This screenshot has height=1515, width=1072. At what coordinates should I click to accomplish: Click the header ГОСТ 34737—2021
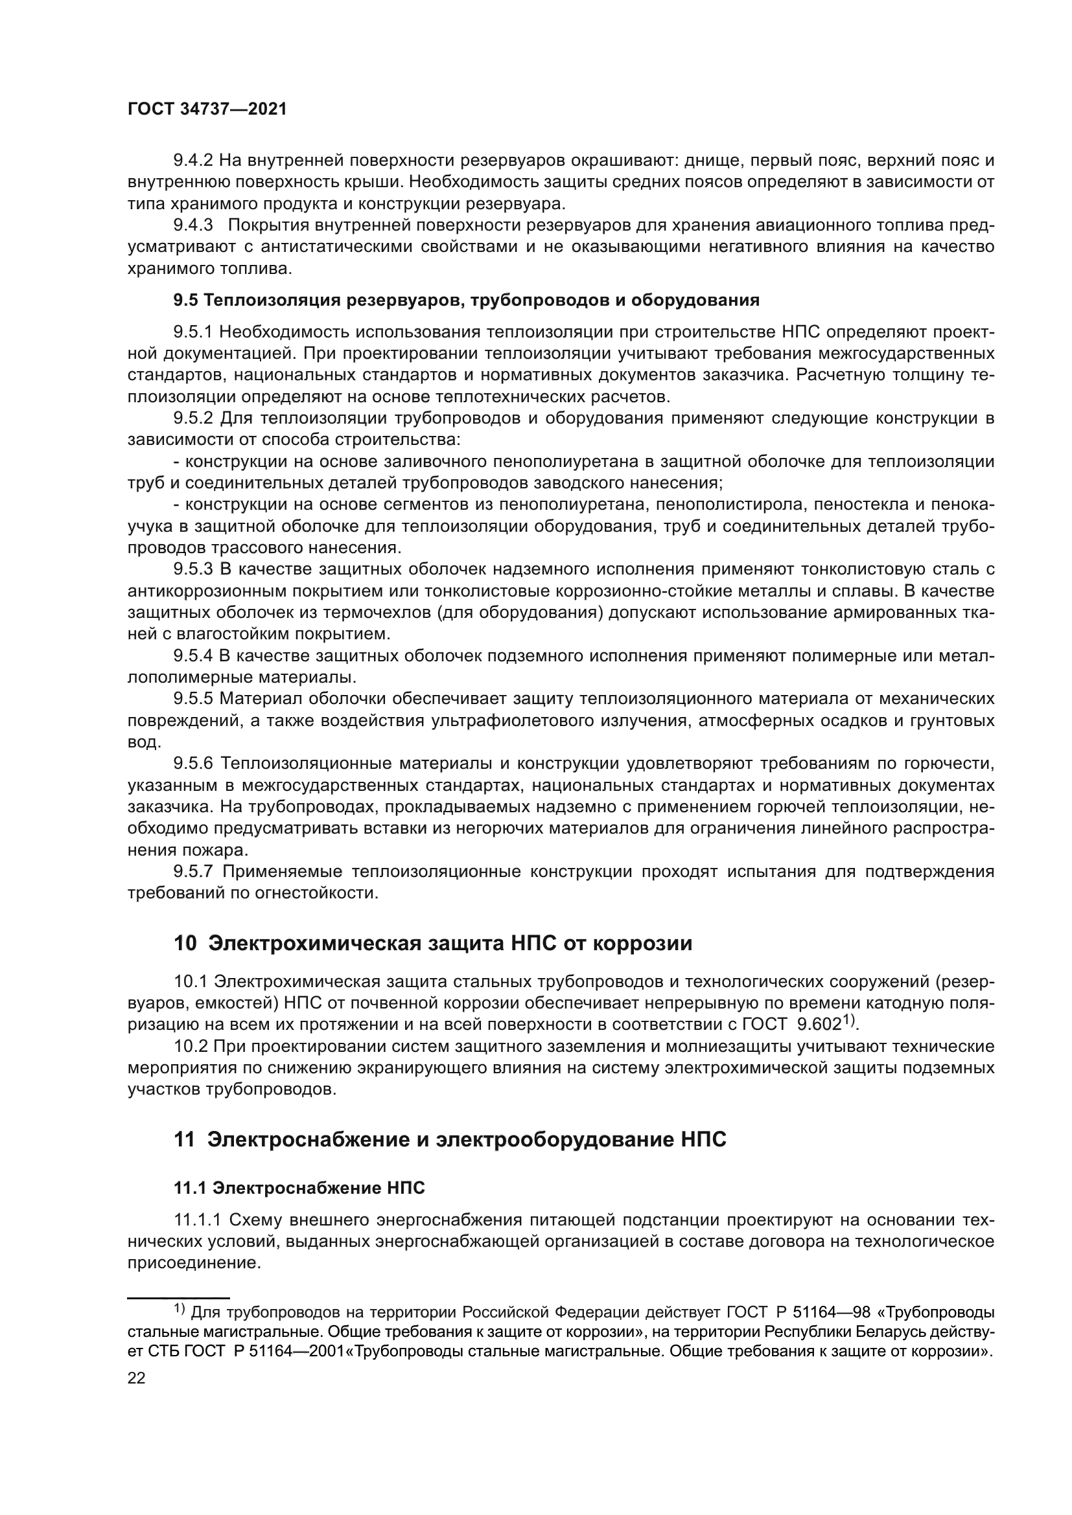point(207,109)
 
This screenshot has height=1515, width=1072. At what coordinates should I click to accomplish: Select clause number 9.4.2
point(192,161)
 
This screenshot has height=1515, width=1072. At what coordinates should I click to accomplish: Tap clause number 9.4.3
point(192,225)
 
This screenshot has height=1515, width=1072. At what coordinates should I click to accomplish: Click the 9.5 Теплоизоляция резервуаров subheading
point(466,301)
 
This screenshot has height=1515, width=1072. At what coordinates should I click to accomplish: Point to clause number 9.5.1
point(192,332)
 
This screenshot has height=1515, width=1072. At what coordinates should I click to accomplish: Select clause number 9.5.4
point(192,656)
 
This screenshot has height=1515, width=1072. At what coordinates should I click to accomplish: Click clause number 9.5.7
point(192,872)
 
